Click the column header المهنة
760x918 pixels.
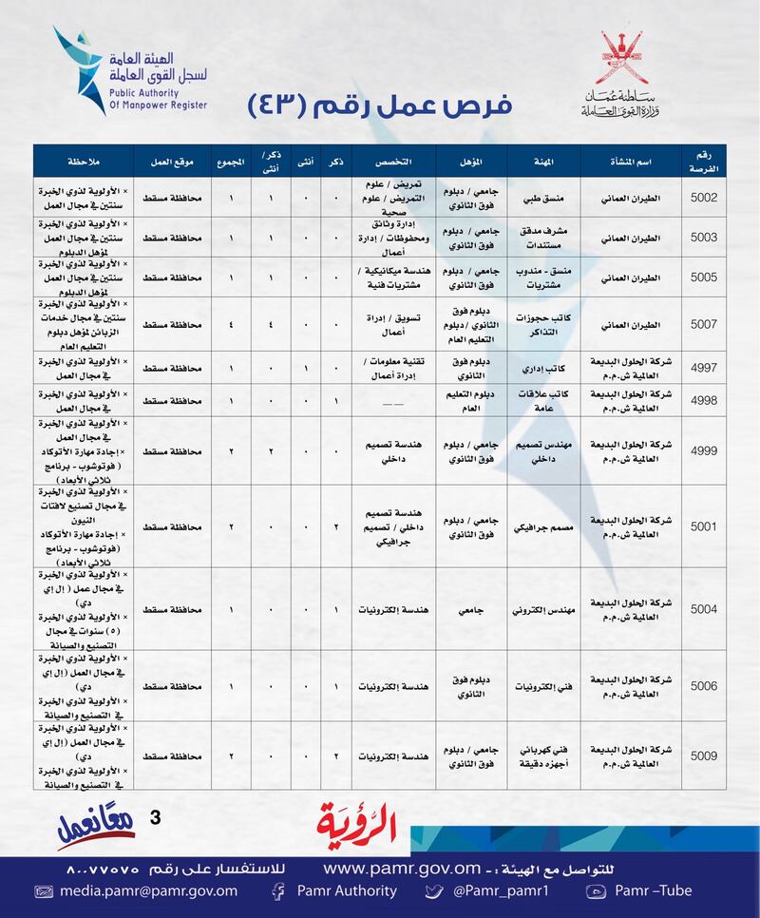point(542,160)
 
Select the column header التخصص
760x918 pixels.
point(393,160)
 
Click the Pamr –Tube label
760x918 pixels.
point(653,890)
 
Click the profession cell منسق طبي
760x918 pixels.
point(542,197)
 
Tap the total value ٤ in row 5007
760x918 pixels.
point(231,324)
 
